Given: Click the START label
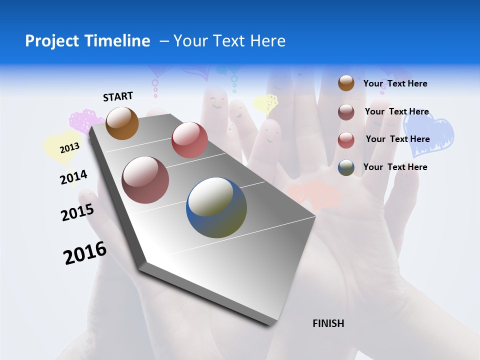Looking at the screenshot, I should (x=118, y=96).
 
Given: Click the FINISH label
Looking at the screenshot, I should (x=328, y=323).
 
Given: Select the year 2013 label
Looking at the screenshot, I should (x=69, y=147).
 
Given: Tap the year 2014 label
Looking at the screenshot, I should (x=73, y=177).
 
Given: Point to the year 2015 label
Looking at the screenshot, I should (x=77, y=212).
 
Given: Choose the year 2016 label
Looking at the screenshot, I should (x=84, y=253).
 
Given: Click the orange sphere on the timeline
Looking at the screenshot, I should (x=122, y=123).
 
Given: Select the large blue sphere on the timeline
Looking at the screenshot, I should (x=216, y=207).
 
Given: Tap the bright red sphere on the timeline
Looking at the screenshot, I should (x=189, y=140).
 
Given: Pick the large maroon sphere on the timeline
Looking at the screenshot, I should (x=145, y=179).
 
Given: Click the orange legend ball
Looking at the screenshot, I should (x=346, y=83).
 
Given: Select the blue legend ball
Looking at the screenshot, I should (x=346, y=167).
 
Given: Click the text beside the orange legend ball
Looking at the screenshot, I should (x=395, y=83).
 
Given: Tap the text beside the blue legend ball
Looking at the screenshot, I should (x=395, y=167).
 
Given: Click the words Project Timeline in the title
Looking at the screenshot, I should (x=87, y=41).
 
